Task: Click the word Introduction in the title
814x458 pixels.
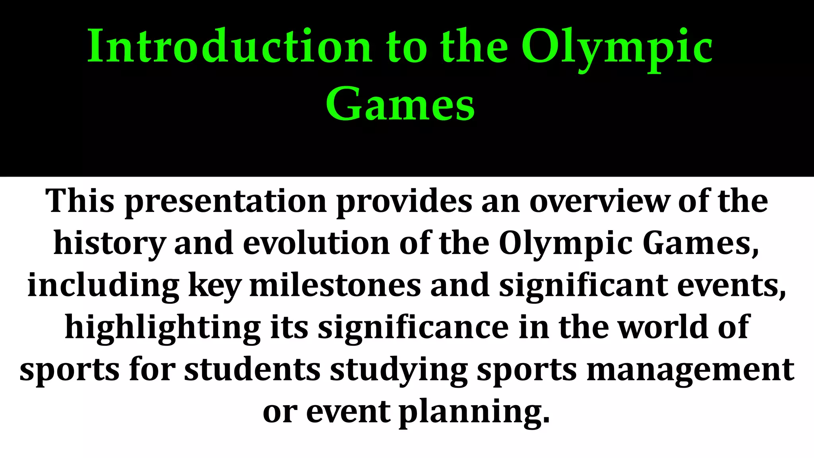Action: pos(229,47)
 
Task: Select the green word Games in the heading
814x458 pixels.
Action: pos(400,105)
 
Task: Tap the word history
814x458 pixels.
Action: pos(110,244)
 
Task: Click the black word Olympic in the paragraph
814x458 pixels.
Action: pos(565,244)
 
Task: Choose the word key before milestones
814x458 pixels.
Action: pos(215,286)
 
